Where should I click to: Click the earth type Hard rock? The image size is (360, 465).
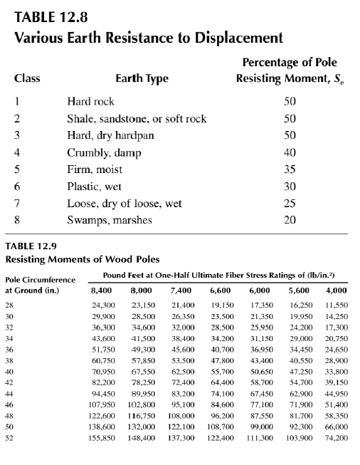click(x=90, y=102)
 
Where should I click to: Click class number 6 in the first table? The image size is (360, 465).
click(x=16, y=187)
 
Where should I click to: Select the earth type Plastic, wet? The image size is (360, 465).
click(x=97, y=187)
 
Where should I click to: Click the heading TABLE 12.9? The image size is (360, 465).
click(x=33, y=246)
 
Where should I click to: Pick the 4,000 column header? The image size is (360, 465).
click(x=337, y=291)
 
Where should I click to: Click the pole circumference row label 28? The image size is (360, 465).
click(x=10, y=305)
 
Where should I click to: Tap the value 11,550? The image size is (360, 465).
click(x=337, y=305)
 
